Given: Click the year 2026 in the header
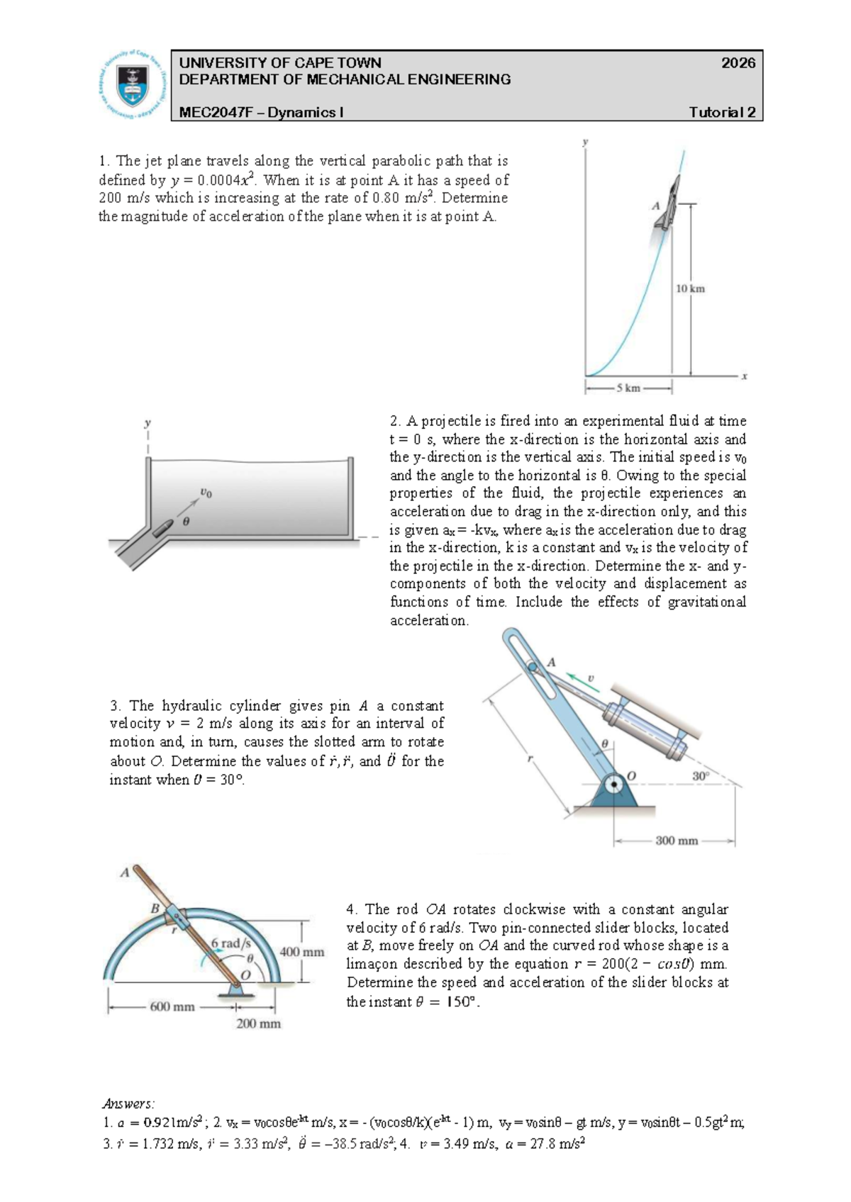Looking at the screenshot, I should tap(738, 63).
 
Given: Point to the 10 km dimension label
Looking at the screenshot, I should tap(690, 288).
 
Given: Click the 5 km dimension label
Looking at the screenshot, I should tap(628, 388).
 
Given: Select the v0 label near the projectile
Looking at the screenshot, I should tap(205, 492).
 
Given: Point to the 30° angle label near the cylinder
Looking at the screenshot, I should tap(701, 776).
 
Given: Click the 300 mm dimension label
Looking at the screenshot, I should tap(677, 841).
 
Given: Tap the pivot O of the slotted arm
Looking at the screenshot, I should tap(614, 785).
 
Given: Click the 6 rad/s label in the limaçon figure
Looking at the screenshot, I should tap(231, 943).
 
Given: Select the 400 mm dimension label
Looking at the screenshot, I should tap(301, 952).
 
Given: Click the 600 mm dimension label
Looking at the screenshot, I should tap(172, 1006).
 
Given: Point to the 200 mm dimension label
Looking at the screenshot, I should tap(258, 1023).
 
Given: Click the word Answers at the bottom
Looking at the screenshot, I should tap(128, 1103).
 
